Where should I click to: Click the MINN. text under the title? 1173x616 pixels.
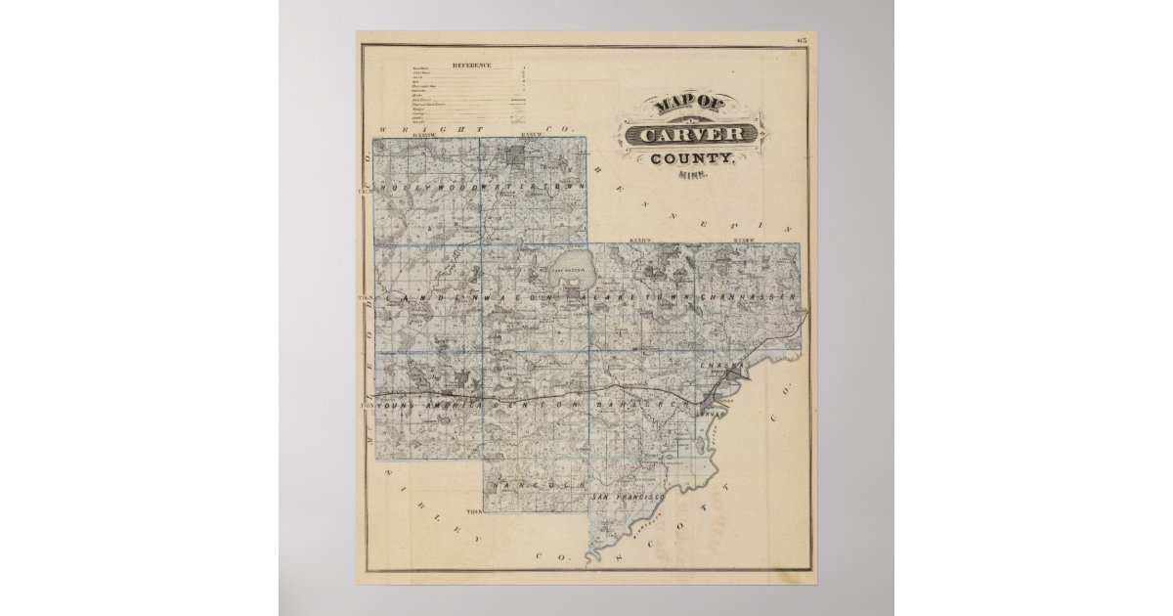[x=693, y=176]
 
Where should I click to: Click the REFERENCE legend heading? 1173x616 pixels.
[x=471, y=66]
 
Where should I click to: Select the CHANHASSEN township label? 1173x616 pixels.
[x=748, y=295]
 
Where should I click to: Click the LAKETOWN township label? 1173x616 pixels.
[x=640, y=295]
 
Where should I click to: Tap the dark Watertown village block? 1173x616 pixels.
[x=516, y=153]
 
